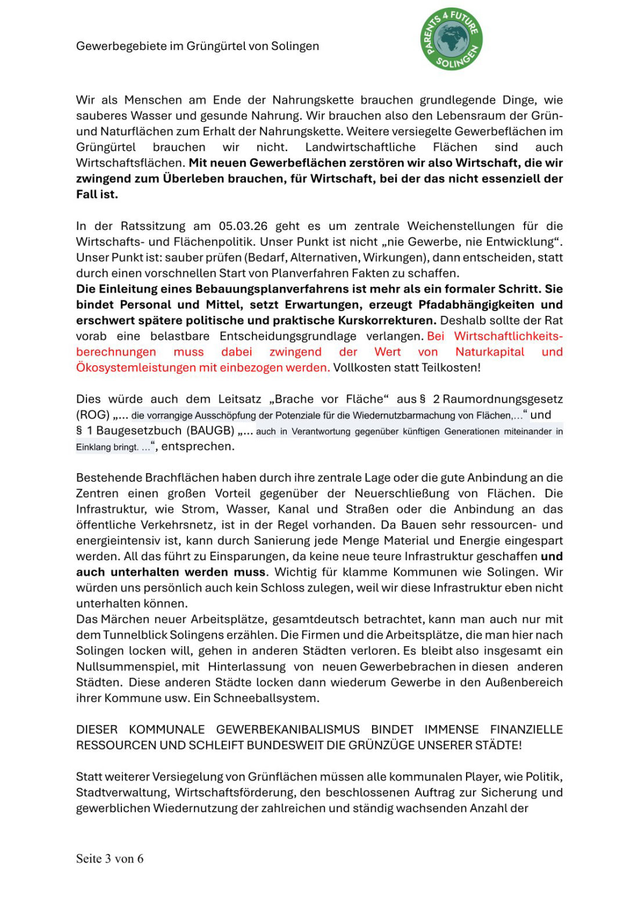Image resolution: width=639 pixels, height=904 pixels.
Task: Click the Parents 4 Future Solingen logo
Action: point(452,39)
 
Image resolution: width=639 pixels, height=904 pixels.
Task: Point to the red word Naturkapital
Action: point(490,352)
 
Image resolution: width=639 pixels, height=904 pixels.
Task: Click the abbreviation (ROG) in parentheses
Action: point(93,415)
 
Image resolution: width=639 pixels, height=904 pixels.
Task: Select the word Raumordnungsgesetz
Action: point(503,399)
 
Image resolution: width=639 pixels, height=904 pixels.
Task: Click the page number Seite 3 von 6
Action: point(110,859)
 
